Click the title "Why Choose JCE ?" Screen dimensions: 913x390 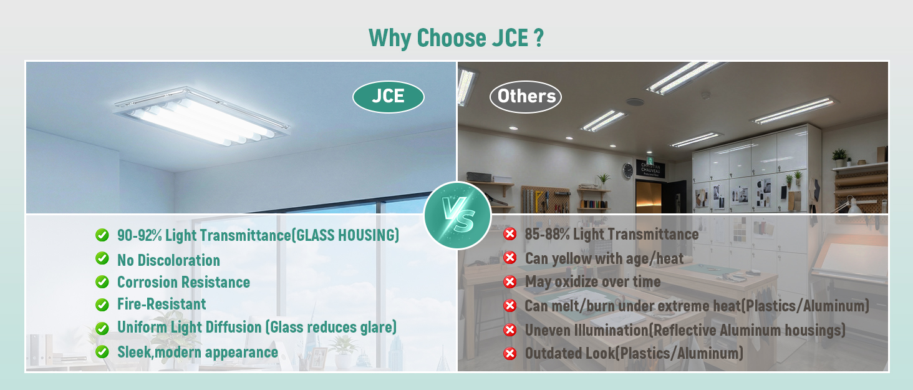[x=456, y=38]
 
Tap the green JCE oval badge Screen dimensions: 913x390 [x=388, y=97]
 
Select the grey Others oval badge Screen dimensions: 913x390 [x=525, y=97]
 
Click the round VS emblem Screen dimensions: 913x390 [x=457, y=215]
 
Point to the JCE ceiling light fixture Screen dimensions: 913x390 [x=202, y=115]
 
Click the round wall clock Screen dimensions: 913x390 [x=627, y=170]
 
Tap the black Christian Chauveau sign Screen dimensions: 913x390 [x=650, y=168]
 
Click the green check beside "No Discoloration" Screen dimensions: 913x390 [x=102, y=258]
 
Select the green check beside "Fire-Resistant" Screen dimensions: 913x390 [x=102, y=305]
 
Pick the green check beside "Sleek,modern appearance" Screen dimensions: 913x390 [x=102, y=352]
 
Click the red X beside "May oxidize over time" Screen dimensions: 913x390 [x=510, y=281]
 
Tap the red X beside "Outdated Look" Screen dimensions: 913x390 [x=510, y=353]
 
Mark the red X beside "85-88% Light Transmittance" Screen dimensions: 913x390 [x=510, y=234]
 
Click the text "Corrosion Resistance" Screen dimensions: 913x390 [x=183, y=282]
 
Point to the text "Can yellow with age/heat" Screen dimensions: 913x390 [x=604, y=258]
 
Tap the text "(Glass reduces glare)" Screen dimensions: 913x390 [x=331, y=327]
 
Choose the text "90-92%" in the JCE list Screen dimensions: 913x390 [x=140, y=235]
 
